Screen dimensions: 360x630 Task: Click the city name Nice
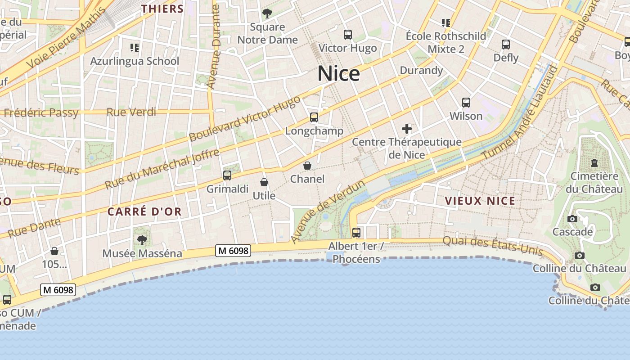pyautogui.click(x=338, y=73)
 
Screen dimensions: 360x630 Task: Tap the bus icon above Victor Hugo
pyautogui.click(x=347, y=35)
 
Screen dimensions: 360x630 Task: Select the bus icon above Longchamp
pyautogui.click(x=314, y=117)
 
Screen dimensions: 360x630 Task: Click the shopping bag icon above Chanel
pyautogui.click(x=307, y=166)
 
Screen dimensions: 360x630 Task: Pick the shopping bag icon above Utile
pyautogui.click(x=264, y=182)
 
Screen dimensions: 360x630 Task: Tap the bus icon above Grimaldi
pyautogui.click(x=227, y=175)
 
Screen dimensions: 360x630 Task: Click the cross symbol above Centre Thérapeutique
pyautogui.click(x=407, y=129)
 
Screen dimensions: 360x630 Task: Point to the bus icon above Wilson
pyautogui.click(x=466, y=103)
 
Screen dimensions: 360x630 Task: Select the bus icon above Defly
pyautogui.click(x=506, y=45)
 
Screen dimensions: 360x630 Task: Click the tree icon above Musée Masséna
pyautogui.click(x=142, y=240)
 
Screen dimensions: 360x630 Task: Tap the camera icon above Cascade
pyautogui.click(x=572, y=219)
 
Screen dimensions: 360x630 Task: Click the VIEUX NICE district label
pyautogui.click(x=480, y=201)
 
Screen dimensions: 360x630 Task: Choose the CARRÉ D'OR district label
pyautogui.click(x=144, y=211)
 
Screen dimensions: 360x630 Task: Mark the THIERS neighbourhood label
pyautogui.click(x=162, y=9)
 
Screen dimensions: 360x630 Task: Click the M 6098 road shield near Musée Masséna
pyautogui.click(x=233, y=251)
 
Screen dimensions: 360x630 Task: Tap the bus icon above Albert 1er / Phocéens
pyautogui.click(x=356, y=233)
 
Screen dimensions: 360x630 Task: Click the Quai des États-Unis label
pyautogui.click(x=492, y=246)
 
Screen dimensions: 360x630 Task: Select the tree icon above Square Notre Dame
pyautogui.click(x=267, y=13)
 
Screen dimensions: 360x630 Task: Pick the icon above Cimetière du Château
pyautogui.click(x=594, y=162)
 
